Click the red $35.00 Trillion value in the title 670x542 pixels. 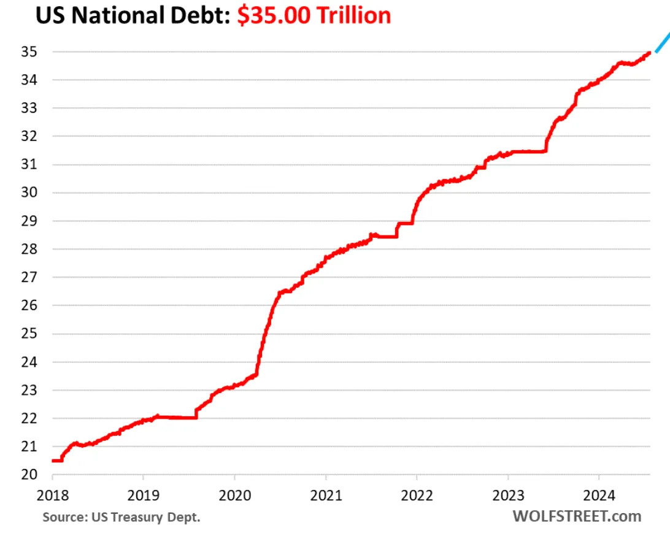[314, 15]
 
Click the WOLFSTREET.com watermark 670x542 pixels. [577, 516]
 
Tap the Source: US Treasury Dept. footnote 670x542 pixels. [121, 517]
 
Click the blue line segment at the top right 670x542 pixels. [662, 43]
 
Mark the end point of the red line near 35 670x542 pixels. [649, 53]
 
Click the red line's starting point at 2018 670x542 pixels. [53, 460]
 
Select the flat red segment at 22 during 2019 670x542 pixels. [178, 418]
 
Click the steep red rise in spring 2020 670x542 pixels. [264, 337]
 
